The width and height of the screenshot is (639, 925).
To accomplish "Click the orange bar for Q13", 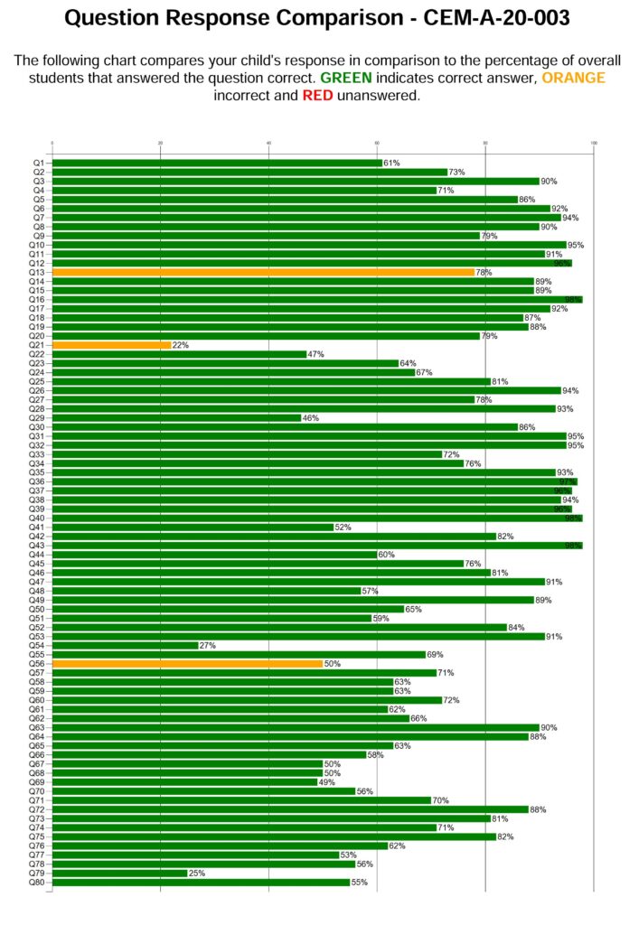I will (262, 272).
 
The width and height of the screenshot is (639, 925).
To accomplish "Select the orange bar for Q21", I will (111, 345).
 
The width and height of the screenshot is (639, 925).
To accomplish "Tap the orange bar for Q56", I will (187, 664).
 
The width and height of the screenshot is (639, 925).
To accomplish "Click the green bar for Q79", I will (119, 874).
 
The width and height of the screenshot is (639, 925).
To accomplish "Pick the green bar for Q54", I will (125, 646).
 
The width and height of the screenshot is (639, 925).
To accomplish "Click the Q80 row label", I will (37, 883).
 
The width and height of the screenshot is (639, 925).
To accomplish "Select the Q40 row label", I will (37, 519).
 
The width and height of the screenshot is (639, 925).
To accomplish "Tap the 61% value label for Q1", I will (391, 164).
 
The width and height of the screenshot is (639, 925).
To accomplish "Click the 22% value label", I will (180, 345).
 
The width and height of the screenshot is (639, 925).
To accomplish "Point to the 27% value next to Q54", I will (207, 646).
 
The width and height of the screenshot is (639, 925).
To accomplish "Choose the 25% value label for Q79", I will (196, 874).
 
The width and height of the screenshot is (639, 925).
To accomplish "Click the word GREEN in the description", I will (346, 79).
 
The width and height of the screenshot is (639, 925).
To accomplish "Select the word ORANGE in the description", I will (573, 79).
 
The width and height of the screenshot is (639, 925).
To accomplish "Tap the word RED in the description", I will (317, 96).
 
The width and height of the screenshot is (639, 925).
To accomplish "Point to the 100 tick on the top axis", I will (594, 143).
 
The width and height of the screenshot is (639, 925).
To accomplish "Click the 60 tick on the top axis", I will (377, 143).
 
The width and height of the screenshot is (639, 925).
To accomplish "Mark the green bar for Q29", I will (176, 418).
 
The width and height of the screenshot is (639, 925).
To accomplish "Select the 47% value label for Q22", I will (315, 354).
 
